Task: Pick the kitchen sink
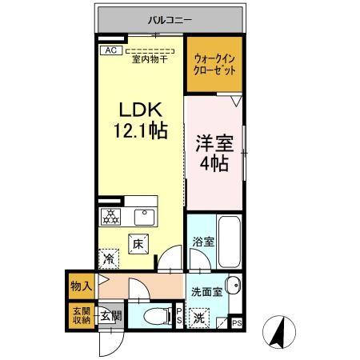pos(146,216)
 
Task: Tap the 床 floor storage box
pos(137,243)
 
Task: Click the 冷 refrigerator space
pos(108,258)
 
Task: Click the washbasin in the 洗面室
pos(232,286)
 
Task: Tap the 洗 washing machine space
pos(200,317)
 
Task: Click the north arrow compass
pos(278,330)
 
